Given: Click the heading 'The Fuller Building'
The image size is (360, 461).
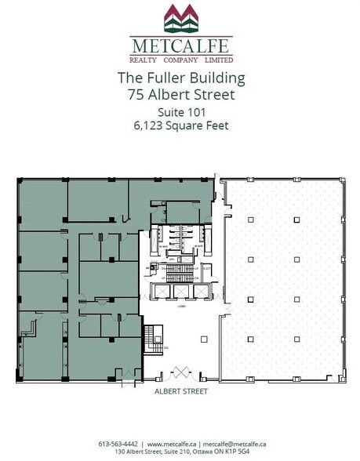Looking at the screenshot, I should pyautogui.click(x=180, y=79).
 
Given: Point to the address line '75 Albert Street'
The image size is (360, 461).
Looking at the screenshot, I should pyautogui.click(x=180, y=96).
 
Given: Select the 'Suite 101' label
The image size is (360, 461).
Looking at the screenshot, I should pyautogui.click(x=180, y=112).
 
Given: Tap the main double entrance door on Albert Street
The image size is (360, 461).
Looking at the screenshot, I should pyautogui.click(x=181, y=371).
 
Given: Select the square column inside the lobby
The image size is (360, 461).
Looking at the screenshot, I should pyautogui.click(x=203, y=339).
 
